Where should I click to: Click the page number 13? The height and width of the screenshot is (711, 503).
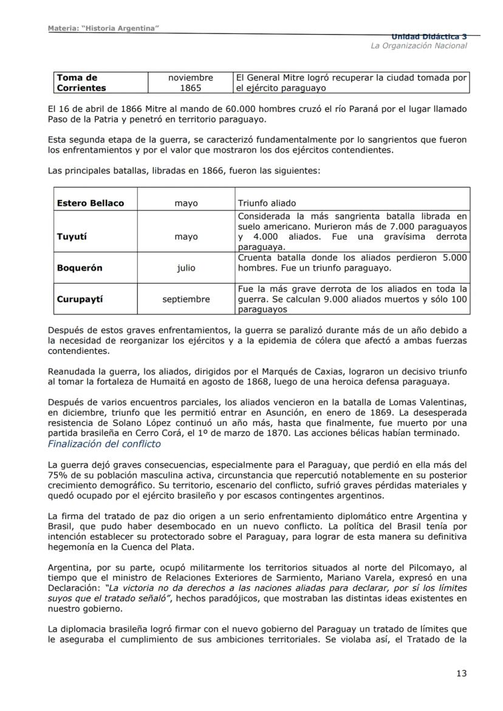(461, 673)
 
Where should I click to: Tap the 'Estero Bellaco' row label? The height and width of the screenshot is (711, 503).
(90, 203)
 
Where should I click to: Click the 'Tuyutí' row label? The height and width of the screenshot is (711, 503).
(72, 237)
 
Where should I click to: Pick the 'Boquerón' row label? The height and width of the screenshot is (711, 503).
(80, 268)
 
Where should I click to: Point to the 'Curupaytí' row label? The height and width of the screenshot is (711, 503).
(80, 299)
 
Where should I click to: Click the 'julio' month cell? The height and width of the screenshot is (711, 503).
(186, 268)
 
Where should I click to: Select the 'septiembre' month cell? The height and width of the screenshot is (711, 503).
(186, 299)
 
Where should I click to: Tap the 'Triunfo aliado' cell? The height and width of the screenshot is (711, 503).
(267, 203)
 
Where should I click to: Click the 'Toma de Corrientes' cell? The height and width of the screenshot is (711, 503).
(81, 83)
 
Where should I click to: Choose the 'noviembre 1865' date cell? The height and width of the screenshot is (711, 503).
(191, 83)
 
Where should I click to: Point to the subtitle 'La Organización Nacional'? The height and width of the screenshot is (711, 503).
(419, 46)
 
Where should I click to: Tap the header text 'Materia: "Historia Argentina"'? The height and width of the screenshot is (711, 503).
(103, 30)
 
